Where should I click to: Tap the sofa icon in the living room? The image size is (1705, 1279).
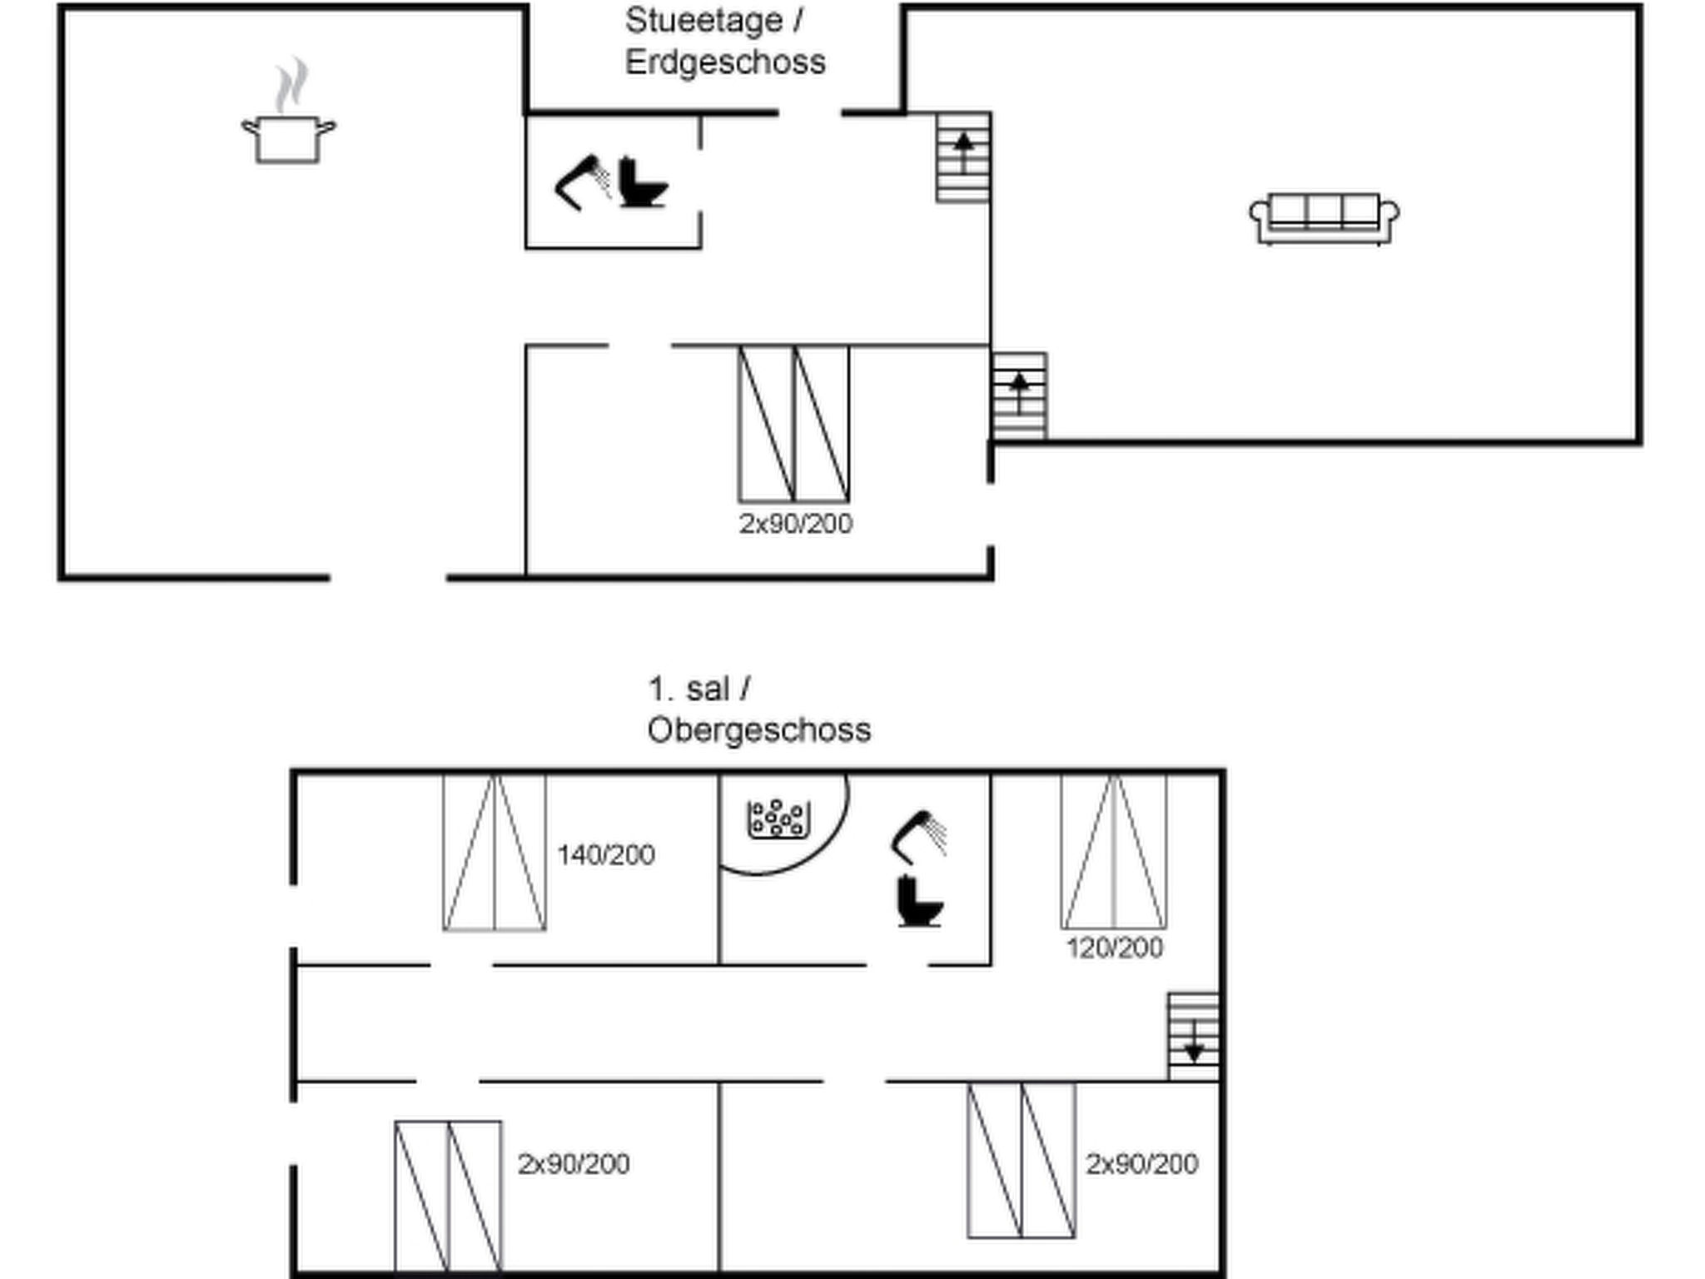(1324, 219)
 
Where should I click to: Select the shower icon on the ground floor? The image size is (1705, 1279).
(583, 182)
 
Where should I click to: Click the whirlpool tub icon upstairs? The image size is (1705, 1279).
(778, 819)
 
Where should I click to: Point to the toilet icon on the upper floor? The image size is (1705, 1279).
(920, 901)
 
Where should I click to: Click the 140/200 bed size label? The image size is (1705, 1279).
(606, 855)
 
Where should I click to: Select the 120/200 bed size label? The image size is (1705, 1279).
(1115, 948)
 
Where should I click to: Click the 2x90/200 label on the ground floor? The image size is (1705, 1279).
(796, 523)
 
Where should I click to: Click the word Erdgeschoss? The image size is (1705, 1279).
(725, 62)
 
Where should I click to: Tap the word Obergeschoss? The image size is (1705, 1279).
(759, 730)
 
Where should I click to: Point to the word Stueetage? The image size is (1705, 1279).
(704, 21)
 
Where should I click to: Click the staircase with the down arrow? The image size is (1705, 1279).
(1194, 1037)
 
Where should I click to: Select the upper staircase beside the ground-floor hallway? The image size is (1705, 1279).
(963, 157)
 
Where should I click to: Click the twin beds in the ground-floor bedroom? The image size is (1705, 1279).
(794, 424)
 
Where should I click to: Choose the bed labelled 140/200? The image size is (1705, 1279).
(495, 853)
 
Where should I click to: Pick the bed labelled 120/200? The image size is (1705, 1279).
(1114, 852)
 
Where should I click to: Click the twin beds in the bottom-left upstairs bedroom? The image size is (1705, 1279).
(448, 1197)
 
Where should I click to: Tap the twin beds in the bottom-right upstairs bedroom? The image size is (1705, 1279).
(1022, 1160)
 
